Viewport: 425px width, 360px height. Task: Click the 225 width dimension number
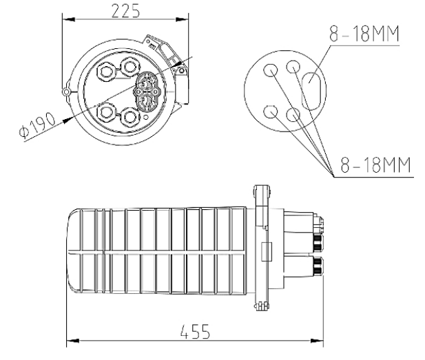click(x=124, y=12)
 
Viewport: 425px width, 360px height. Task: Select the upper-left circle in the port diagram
click(x=271, y=69)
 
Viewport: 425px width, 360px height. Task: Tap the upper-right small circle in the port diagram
click(x=293, y=67)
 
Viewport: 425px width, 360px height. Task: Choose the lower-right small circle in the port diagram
click(x=293, y=114)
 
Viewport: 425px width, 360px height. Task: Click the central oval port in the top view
click(x=148, y=92)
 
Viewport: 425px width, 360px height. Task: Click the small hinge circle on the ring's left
click(x=65, y=90)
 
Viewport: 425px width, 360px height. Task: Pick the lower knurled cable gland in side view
click(x=318, y=264)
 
